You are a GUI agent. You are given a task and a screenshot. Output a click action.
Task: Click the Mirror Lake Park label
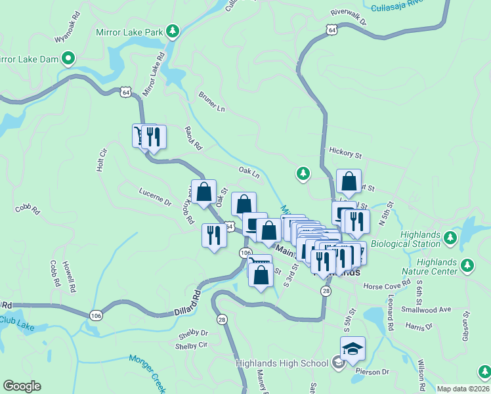coord(129,30)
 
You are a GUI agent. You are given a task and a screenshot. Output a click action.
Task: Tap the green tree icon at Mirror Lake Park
coord(172,30)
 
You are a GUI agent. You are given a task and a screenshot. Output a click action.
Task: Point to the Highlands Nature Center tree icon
coord(467,266)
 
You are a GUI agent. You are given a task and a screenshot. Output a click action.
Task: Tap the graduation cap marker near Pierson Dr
coord(352,348)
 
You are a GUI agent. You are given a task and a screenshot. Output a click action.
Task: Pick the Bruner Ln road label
coord(211,100)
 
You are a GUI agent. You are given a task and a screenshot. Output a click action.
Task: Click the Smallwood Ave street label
coord(427,309)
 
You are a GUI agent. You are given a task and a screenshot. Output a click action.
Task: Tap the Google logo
coord(22,386)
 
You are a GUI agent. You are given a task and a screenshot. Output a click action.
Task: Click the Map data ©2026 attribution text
coord(463,389)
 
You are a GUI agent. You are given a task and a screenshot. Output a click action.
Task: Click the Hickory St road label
coord(346,155)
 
